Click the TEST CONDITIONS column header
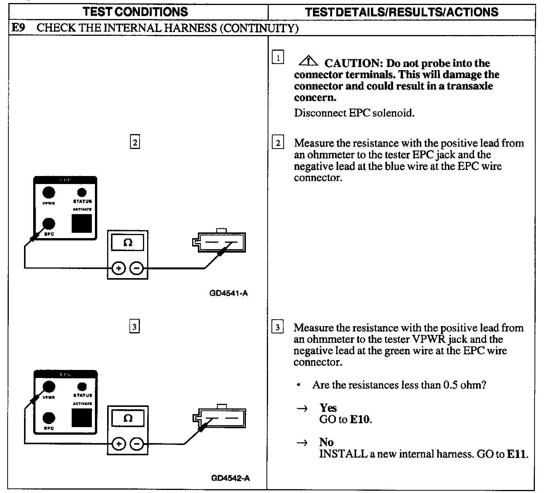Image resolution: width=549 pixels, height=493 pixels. [x=136, y=12]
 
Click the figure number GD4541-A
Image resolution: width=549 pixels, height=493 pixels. [x=228, y=293]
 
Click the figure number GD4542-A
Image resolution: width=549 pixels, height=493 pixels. [x=230, y=478]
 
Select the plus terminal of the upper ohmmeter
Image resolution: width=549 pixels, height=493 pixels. [x=119, y=269]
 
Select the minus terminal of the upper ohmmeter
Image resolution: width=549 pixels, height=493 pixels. [x=136, y=269]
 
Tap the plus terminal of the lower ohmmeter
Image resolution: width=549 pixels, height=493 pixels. [x=119, y=444]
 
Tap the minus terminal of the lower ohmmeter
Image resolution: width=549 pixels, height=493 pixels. [x=136, y=444]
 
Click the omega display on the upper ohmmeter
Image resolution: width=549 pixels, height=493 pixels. [x=128, y=243]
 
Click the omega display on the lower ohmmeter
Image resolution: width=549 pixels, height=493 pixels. [x=128, y=418]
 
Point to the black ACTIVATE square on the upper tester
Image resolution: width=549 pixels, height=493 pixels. [x=82, y=223]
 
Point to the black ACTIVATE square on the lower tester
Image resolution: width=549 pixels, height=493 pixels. [x=82, y=418]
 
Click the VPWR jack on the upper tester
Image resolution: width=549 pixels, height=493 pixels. [x=48, y=193]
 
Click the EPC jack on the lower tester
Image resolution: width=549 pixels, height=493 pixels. [x=48, y=418]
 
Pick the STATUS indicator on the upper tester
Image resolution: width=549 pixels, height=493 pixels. [x=82, y=193]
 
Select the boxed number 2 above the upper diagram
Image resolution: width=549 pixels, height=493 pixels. [x=135, y=142]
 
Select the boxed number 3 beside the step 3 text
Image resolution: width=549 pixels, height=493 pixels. [x=278, y=328]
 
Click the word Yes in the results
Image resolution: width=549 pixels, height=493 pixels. [x=328, y=408]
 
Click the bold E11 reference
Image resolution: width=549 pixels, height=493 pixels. [x=517, y=454]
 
